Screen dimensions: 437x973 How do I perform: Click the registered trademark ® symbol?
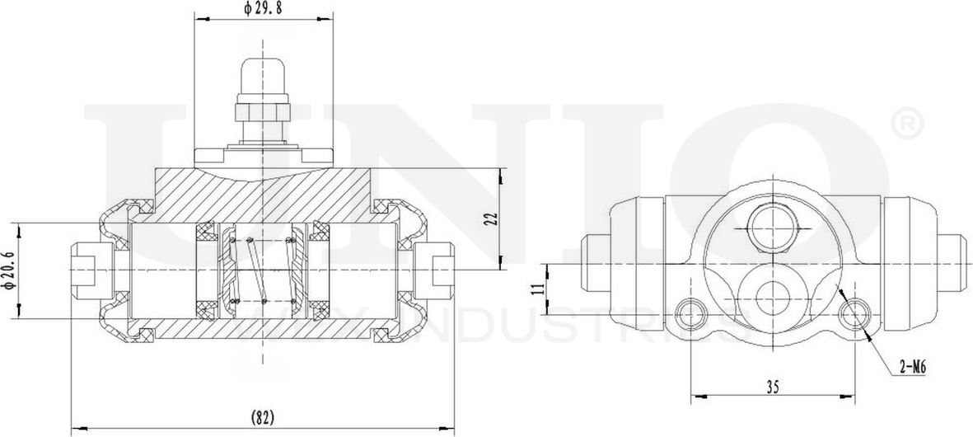click(x=905, y=124)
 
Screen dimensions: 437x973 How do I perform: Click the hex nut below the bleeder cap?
click(x=263, y=109)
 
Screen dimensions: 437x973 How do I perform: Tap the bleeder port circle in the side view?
click(x=772, y=223)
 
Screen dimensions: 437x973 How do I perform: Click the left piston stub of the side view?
click(x=596, y=262)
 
